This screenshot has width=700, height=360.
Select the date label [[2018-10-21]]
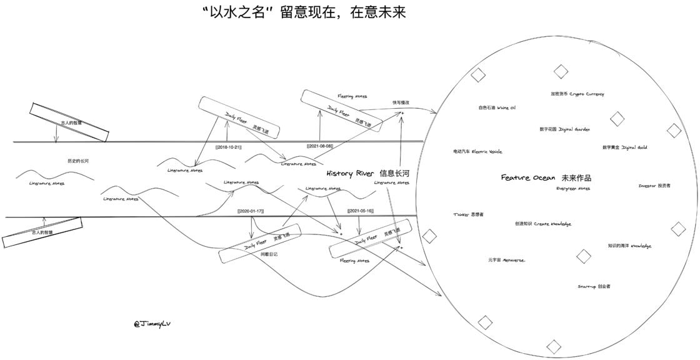pos(228,147)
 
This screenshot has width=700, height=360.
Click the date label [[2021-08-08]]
pos(319,146)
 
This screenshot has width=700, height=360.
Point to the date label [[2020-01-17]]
pos(251,211)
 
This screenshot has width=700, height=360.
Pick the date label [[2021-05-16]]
pos(359,211)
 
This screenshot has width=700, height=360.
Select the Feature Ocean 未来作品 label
pos(546,177)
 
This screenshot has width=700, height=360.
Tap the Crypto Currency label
pos(577,94)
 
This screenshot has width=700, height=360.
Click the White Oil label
pos(497,107)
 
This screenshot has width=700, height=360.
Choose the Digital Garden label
pos(564,129)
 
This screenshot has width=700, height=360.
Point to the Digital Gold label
pos(624,147)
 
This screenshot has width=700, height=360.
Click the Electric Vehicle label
pos(477,151)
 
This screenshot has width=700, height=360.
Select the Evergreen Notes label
pos(572,188)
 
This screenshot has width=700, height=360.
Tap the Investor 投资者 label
pos(654,186)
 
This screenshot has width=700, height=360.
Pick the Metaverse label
pos(506,259)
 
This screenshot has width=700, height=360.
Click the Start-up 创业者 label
pos(594,286)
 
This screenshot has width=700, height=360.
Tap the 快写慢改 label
pos(401,102)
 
